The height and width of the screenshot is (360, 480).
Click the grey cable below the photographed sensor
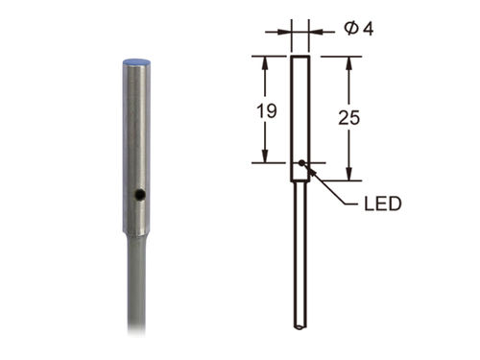(140, 298)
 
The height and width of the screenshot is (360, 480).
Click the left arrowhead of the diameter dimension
(286, 31)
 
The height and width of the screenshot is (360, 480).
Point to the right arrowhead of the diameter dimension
(312, 31)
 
